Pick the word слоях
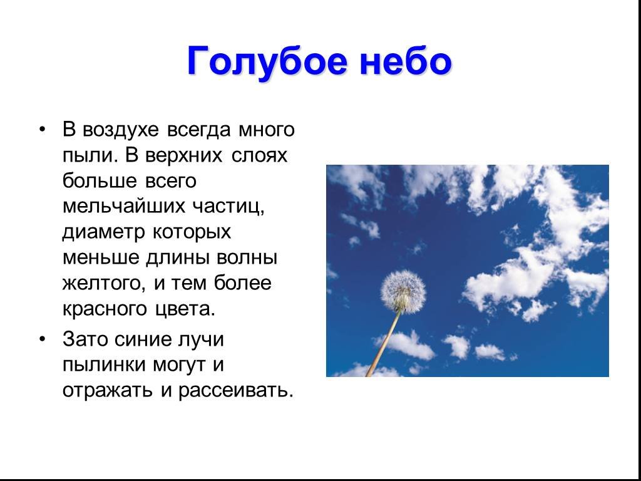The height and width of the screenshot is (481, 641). tap(259, 156)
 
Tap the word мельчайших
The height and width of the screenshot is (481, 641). tap(124, 207)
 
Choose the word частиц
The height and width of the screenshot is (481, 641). tap(228, 207)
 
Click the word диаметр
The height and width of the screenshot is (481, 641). tap(104, 233)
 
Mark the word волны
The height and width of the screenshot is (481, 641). tap(247, 259)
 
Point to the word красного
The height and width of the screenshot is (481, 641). tap(105, 309)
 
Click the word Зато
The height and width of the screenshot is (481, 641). tap(85, 339)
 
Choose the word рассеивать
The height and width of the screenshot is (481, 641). tap(236, 391)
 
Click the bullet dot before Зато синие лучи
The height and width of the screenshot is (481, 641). tap(42, 339)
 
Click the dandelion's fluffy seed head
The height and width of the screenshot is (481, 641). tap(403, 291)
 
